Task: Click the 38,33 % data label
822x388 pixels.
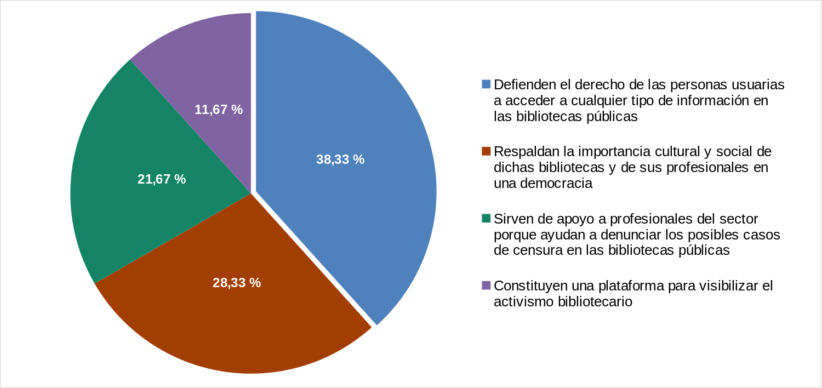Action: (340, 159)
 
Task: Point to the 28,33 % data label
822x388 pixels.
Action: (236, 283)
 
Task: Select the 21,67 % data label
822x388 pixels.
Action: (162, 179)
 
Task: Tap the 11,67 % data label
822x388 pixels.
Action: (219, 110)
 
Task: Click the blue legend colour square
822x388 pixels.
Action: (486, 84)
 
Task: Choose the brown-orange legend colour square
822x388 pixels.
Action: (486, 151)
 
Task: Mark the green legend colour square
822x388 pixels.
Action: (486, 218)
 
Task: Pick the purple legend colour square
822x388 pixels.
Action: (486, 285)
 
